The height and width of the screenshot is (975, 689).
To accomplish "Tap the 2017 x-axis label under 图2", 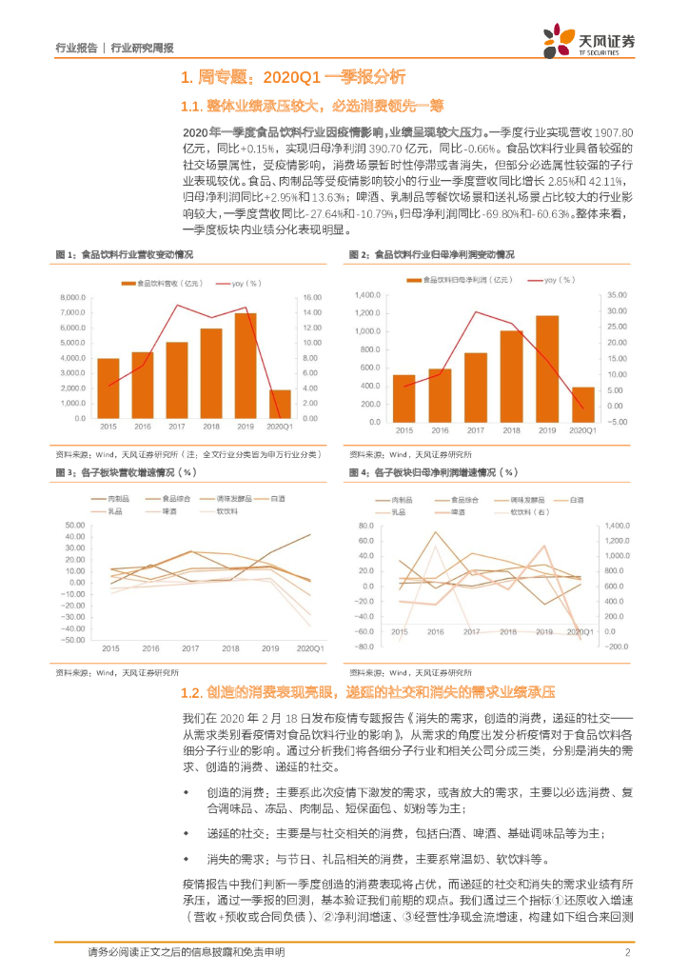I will coord(475,431).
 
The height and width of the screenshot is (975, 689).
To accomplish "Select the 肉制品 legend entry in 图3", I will coord(117,498).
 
